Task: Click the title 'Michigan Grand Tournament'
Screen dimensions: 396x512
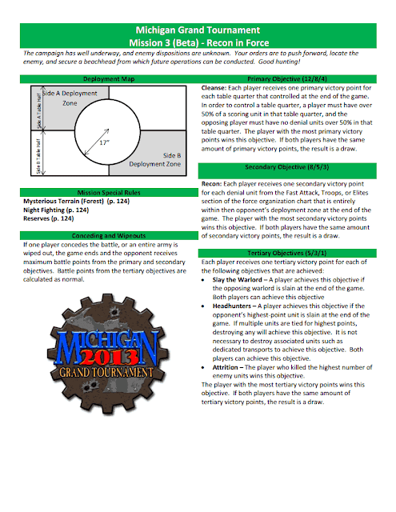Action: (198, 30)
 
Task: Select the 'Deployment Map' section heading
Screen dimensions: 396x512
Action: (109, 79)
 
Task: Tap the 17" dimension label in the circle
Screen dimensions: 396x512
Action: (105, 142)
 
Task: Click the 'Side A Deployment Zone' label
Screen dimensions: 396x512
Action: (70, 98)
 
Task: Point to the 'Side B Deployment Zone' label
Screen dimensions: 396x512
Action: (154, 160)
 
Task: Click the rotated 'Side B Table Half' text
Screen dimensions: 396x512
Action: (38, 157)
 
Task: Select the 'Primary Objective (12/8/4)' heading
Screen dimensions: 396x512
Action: (287, 79)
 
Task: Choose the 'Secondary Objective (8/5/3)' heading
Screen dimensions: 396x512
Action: (287, 167)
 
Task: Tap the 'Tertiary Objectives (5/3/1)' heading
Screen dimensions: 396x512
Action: (287, 253)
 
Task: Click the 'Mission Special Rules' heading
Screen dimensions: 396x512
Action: (109, 193)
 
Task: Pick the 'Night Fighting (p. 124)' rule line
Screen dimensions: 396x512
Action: (56, 210)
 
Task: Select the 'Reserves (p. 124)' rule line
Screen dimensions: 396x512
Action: (48, 218)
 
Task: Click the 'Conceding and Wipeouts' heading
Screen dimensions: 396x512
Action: (109, 236)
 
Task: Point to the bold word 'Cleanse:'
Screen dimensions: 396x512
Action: (214, 88)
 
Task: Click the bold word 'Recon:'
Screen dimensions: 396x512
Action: (211, 184)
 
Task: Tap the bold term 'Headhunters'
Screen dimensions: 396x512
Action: (232, 306)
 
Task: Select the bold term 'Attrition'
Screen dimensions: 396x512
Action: (226, 367)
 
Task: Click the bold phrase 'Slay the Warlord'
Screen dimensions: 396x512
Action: (238, 280)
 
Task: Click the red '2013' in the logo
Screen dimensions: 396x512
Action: (108, 358)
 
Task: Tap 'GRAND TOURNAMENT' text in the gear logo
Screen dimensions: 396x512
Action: (106, 373)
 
